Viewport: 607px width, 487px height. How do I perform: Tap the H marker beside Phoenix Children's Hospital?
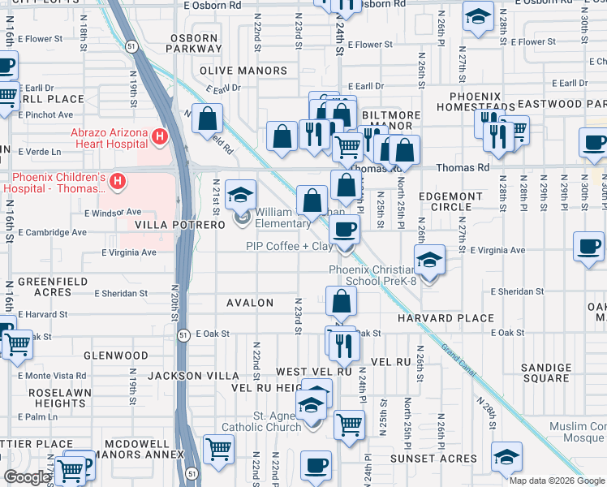coord(118,179)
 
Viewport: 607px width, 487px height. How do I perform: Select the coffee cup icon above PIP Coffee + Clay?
coord(344,231)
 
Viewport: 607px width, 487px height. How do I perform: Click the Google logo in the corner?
coord(27,477)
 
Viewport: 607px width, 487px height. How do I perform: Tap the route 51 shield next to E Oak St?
coord(184,334)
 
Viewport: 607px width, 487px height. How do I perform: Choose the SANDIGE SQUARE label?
coord(546,373)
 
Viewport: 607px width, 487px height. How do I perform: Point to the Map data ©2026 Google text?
coord(556,481)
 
